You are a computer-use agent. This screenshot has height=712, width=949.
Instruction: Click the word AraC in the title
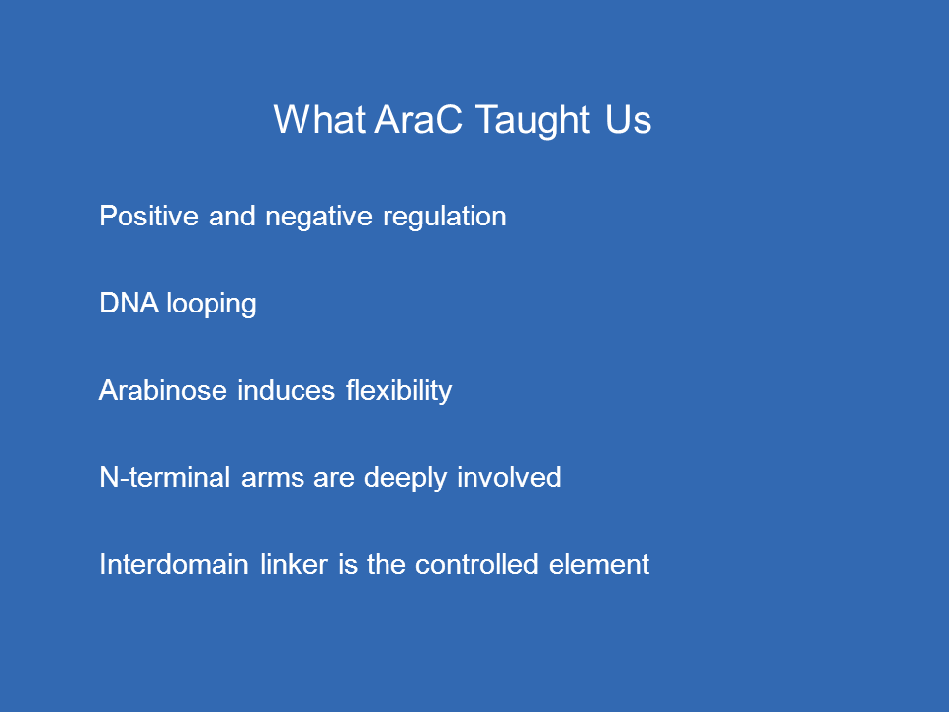click(418, 119)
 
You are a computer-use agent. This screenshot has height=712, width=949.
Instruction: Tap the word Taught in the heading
click(533, 120)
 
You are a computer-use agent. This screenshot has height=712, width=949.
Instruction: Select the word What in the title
click(319, 119)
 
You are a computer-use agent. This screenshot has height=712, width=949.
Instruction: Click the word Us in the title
click(629, 119)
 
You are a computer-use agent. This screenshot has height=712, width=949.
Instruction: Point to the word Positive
click(149, 216)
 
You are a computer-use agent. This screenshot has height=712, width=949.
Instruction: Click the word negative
click(319, 217)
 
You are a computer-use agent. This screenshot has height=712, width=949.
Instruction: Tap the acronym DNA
click(129, 303)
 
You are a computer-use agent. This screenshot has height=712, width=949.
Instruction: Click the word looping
click(212, 304)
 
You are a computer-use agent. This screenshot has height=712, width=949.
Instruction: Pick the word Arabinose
click(163, 390)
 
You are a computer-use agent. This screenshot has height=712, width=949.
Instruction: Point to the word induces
click(287, 390)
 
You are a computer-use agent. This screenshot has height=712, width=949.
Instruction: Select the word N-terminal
click(165, 477)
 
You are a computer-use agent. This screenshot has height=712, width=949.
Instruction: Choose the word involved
click(509, 477)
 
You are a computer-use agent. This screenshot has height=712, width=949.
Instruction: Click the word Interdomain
click(174, 564)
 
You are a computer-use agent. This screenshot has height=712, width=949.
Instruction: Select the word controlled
click(476, 564)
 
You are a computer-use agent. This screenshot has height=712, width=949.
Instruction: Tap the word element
click(599, 564)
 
